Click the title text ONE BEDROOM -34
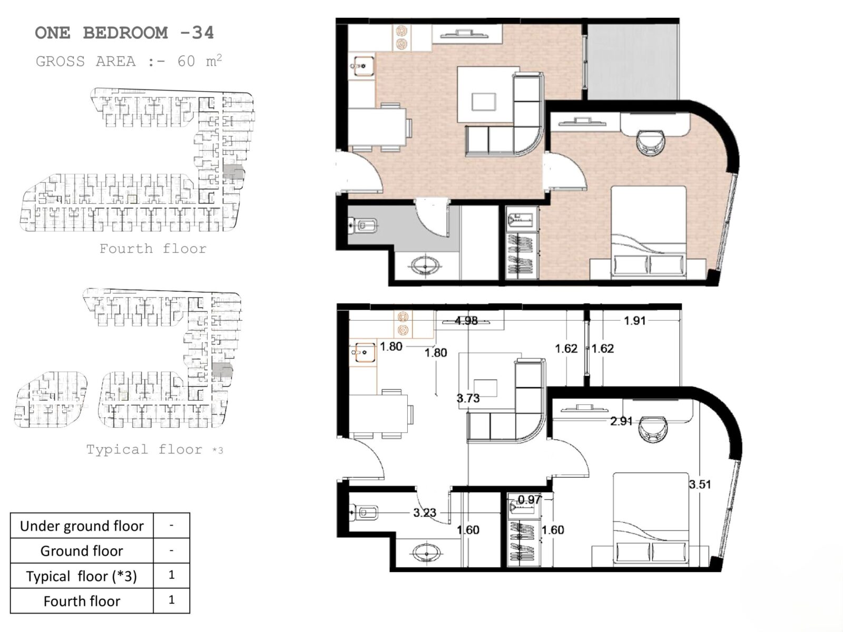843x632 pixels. [x=124, y=33]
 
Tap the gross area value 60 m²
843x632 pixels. [x=200, y=61]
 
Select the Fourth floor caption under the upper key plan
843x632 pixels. [x=153, y=249]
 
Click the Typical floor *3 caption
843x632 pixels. [x=154, y=449]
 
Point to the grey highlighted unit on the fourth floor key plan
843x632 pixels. [x=233, y=171]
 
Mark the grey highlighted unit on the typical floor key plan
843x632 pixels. [x=222, y=370]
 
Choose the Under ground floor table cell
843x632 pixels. [x=82, y=526]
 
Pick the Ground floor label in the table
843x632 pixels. [x=82, y=551]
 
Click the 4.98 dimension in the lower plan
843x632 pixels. [x=466, y=320]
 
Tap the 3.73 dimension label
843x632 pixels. [x=468, y=398]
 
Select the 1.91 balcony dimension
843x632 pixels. [x=634, y=320]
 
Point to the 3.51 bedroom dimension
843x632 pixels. [x=700, y=484]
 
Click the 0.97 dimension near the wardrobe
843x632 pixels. [x=529, y=499]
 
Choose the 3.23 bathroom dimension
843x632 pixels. [x=425, y=512]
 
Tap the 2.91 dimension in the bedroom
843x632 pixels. [x=621, y=421]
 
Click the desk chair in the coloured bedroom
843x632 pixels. [x=651, y=143]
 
